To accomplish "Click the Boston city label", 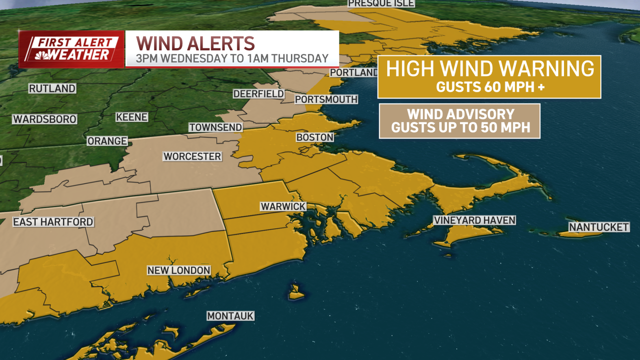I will (315, 137).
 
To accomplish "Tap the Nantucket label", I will (599, 227).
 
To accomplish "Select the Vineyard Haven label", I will (474, 220).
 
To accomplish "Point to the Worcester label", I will (192, 156).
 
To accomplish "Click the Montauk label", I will (230, 316).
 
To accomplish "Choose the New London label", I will (179, 270).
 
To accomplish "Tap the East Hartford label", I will (53, 222).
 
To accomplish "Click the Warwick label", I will (283, 206).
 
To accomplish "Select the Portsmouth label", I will (326, 100).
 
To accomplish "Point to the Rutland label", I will (52, 89).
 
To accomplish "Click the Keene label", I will (132, 117).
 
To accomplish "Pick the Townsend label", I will (215, 128).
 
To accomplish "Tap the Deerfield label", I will (258, 94).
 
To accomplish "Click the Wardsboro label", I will (45, 119).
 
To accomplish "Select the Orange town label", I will (107, 141).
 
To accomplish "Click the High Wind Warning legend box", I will (489, 77).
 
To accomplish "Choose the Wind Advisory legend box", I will (460, 121).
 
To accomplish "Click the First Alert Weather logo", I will (72, 49).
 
